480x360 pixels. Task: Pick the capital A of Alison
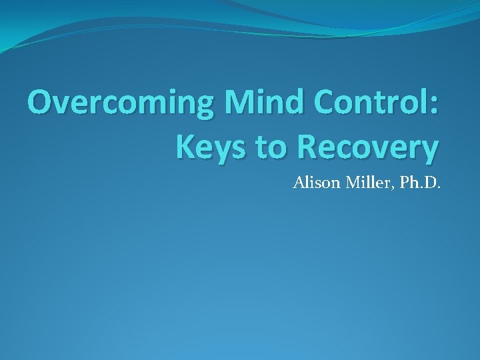coord(298,182)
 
